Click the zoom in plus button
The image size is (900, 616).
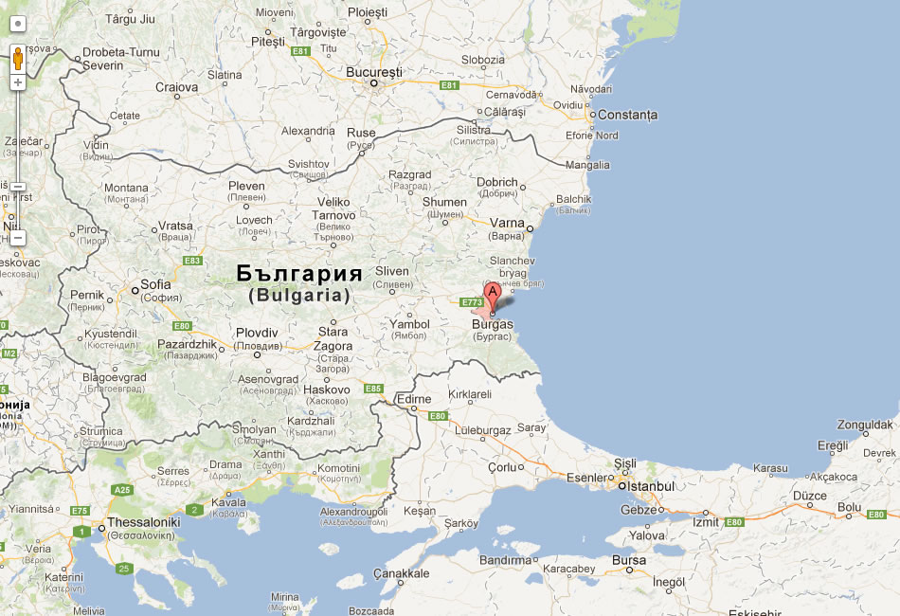click(x=17, y=82)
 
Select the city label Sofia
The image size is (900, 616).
click(x=155, y=284)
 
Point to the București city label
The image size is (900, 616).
click(x=374, y=72)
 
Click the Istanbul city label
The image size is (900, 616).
click(x=649, y=486)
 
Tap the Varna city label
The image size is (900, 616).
click(x=507, y=224)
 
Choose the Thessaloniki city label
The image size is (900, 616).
click(x=143, y=522)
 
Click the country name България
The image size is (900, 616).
click(x=299, y=274)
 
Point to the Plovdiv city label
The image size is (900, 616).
click(x=257, y=333)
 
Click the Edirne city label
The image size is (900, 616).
click(x=412, y=399)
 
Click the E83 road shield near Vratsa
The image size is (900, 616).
click(x=193, y=261)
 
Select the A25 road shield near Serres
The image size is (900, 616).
click(x=122, y=490)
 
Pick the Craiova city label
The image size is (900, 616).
click(x=176, y=87)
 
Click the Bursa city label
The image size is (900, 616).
click(x=628, y=560)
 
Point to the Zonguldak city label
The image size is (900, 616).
click(x=865, y=425)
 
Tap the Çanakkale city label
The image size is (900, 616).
click(x=401, y=573)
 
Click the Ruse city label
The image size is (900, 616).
click(x=361, y=133)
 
